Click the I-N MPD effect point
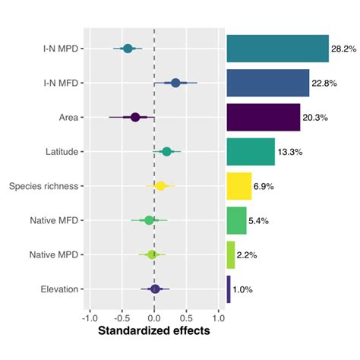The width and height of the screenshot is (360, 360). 128,49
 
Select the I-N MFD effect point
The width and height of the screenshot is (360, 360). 175,83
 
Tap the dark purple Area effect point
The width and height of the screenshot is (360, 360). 135,117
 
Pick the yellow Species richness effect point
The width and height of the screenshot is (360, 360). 160,185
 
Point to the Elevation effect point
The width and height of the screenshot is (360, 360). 155,289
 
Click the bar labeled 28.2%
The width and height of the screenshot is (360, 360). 277,49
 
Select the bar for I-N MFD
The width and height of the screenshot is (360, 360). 267,83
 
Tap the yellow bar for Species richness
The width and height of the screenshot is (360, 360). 238,186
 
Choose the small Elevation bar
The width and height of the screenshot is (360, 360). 229,289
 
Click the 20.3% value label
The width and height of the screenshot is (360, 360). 316,118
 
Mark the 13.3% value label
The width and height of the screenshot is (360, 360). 290,152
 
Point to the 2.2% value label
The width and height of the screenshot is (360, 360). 250,255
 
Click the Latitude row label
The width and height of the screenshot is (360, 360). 62,152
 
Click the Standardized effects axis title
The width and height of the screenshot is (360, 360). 154,332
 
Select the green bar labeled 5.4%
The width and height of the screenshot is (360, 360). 236,220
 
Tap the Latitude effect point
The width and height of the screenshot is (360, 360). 167,152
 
